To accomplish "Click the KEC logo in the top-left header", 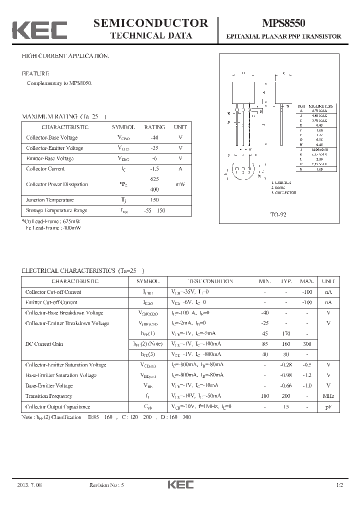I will click(39, 30).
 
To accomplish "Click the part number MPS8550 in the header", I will click(284, 23).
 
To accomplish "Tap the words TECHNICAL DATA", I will click(150, 36).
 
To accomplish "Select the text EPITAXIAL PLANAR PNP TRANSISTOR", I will click(284, 36).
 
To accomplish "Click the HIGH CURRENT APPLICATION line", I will click(65, 56).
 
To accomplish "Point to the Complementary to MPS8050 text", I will click(59, 83).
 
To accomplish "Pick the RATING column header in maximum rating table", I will click(154, 127).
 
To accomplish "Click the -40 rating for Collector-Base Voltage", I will click(154, 137).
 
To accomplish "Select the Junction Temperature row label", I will click(49, 200).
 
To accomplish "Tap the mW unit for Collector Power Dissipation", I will click(180, 184).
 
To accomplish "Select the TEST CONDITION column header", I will click(210, 281).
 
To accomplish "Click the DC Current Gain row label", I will click(44, 344).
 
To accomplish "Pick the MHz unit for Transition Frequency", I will click(328, 396).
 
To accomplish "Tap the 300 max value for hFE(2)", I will click(307, 344).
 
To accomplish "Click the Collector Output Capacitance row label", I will click(58, 407).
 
